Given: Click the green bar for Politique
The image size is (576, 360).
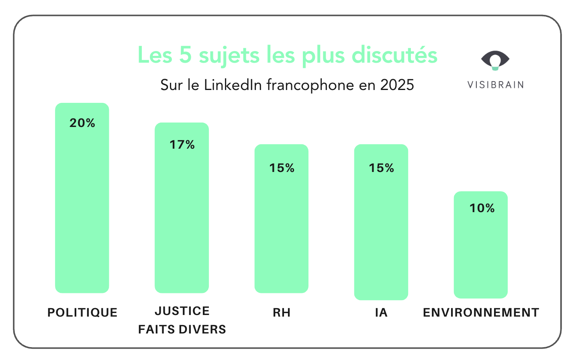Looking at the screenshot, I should pyautogui.click(x=82, y=209).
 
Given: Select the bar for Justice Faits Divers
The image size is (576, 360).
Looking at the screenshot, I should pyautogui.click(x=182, y=217).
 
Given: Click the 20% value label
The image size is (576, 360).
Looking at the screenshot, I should pyautogui.click(x=82, y=123).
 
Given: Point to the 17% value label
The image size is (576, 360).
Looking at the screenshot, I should pyautogui.click(x=182, y=145).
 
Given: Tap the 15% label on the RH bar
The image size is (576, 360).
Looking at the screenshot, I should pyautogui.click(x=282, y=168).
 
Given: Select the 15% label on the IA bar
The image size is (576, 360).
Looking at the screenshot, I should pyautogui.click(x=381, y=168).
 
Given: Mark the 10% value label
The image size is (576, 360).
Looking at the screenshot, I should pyautogui.click(x=482, y=208).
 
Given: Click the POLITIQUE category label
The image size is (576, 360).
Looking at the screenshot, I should pyautogui.click(x=82, y=313).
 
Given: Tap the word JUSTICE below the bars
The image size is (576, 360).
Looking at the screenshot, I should pyautogui.click(x=182, y=311).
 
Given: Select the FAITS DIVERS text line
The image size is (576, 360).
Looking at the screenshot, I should pyautogui.click(x=182, y=329).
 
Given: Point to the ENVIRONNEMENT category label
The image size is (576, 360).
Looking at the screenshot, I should pyautogui.click(x=481, y=313).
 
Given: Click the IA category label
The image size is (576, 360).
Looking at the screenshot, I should pyautogui.click(x=381, y=313).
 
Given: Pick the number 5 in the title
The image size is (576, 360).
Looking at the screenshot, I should pyautogui.click(x=185, y=55).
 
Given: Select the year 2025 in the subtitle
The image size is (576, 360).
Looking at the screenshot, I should pyautogui.click(x=397, y=85).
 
